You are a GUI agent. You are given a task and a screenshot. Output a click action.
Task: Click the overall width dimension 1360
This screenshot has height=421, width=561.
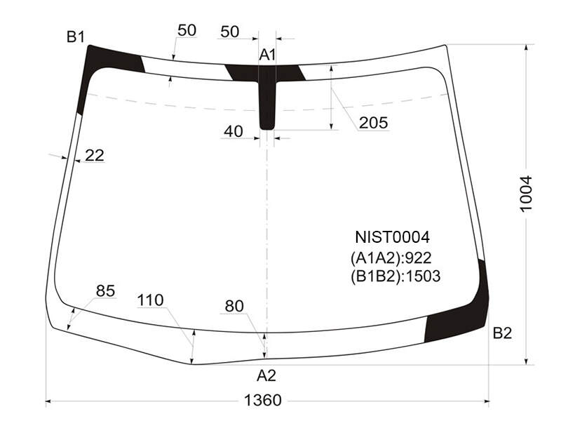(x=262, y=400)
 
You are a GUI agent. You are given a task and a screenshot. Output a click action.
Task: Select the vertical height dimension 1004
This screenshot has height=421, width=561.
(x=527, y=194)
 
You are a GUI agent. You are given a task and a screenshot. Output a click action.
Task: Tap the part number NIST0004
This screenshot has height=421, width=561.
(x=392, y=237)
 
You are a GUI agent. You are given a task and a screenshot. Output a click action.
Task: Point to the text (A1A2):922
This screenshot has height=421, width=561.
(x=391, y=258)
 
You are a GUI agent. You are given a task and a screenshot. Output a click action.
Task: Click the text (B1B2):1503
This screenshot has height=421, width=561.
(x=396, y=276)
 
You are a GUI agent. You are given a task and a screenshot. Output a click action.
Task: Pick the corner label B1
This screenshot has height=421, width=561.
(x=76, y=36)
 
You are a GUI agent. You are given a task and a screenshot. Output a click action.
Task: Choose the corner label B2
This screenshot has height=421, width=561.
(x=502, y=333)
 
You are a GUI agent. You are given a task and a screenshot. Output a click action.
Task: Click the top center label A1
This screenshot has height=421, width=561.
(x=267, y=55)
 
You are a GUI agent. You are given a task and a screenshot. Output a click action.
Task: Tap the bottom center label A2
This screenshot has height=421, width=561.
(x=266, y=375)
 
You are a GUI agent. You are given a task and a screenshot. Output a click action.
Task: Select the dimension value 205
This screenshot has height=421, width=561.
(x=374, y=123)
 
